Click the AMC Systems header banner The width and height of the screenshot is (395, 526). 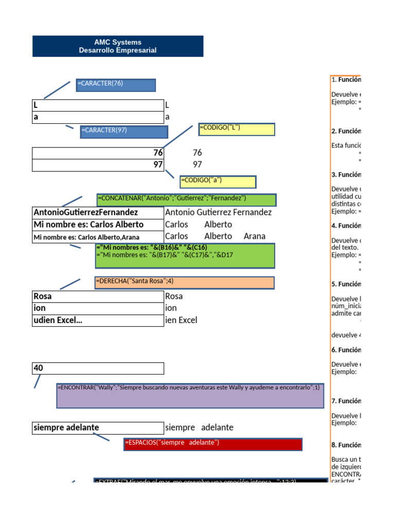click(118, 46)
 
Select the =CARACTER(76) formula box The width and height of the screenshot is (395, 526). click(116, 85)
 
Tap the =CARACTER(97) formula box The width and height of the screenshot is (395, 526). click(124, 131)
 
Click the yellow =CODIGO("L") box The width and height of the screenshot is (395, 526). click(237, 129)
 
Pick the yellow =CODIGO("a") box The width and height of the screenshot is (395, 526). click(218, 181)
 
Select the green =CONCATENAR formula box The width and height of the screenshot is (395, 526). click(186, 200)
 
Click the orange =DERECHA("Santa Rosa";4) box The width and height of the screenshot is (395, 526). click(184, 283)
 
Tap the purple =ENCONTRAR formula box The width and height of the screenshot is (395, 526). click(190, 395)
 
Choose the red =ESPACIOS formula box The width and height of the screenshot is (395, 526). click(213, 444)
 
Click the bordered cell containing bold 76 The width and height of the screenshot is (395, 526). click(98, 153)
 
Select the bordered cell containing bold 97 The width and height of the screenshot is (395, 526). click(98, 165)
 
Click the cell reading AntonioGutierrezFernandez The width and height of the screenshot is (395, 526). click(98, 212)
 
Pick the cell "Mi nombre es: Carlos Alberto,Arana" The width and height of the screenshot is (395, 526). click(98, 237)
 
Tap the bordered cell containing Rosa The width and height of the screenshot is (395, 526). click(98, 296)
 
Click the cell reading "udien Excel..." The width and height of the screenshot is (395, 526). click(98, 321)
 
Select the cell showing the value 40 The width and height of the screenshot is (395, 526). click(98, 368)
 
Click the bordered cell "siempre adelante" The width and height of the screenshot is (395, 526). click(98, 428)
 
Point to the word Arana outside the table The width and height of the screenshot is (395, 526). click(255, 236)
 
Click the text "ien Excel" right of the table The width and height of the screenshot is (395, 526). click(181, 320)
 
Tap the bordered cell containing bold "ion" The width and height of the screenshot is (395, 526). click(98, 308)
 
